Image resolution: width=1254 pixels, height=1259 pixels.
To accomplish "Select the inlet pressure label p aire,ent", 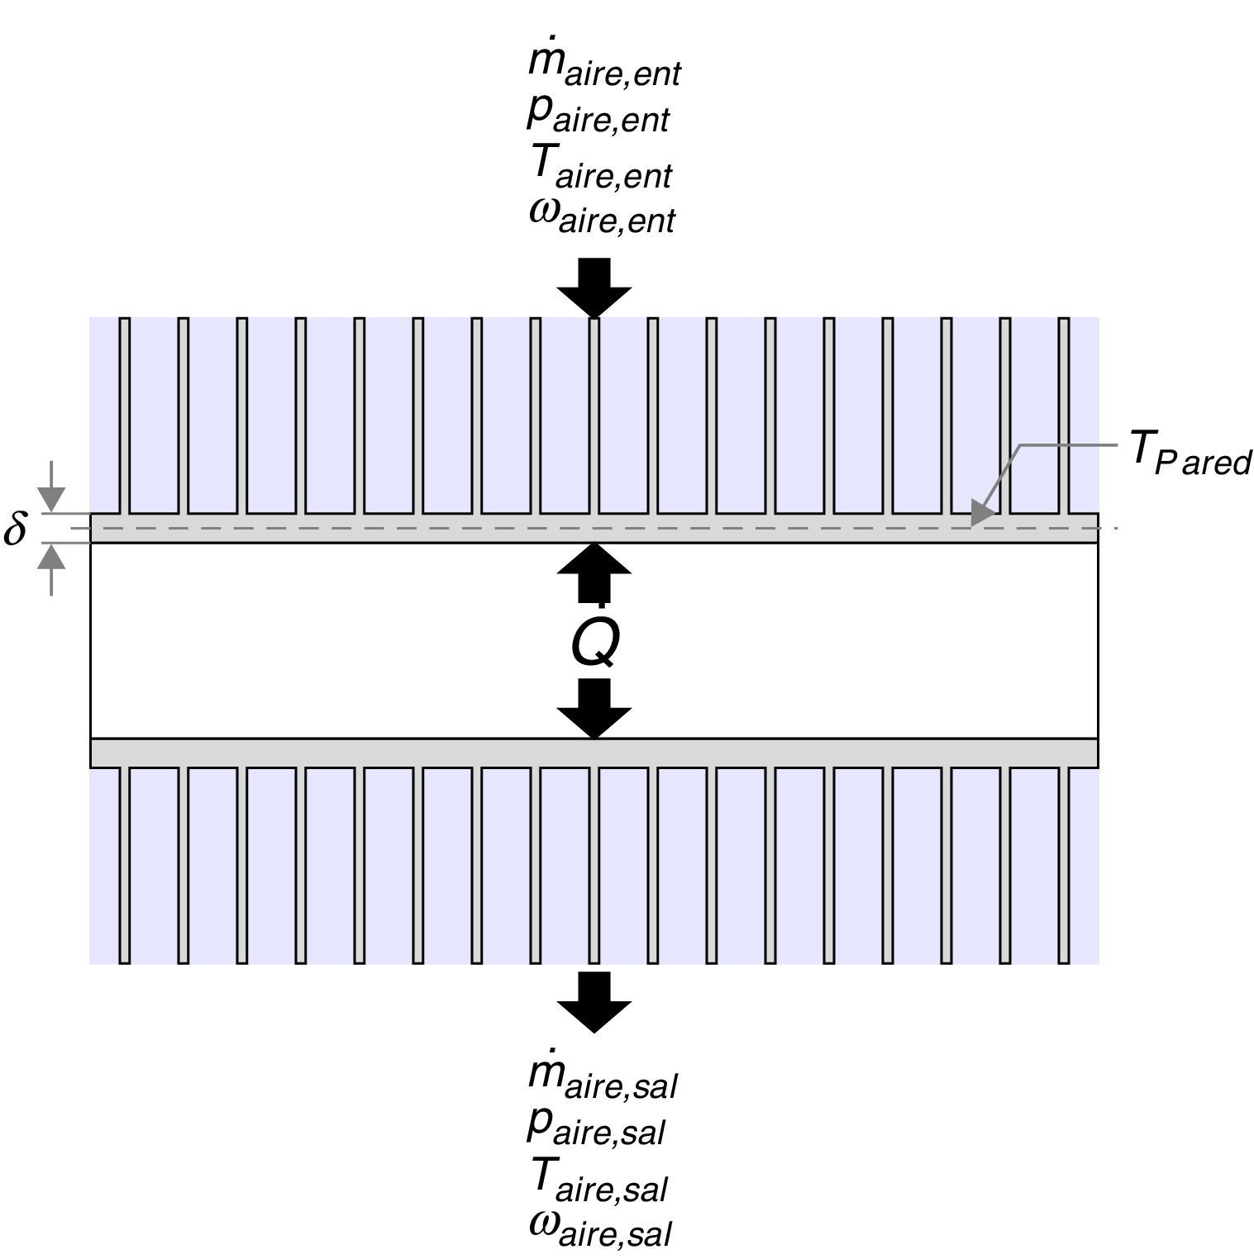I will click(x=598, y=116).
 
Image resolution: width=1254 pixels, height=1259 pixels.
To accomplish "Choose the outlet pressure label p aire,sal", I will click(x=596, y=1127).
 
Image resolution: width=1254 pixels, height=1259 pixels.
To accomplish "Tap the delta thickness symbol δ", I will click(x=15, y=529).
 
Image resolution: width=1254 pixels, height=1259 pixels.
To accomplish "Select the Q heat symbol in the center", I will click(x=594, y=641).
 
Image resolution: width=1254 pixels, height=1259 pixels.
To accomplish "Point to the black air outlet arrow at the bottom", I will click(x=594, y=1000).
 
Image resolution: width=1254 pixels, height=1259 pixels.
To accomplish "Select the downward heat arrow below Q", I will click(x=594, y=708).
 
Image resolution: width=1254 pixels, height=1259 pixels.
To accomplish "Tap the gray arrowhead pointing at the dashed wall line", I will click(x=982, y=513).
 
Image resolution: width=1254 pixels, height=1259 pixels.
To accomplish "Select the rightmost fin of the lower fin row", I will click(x=1064, y=864).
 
